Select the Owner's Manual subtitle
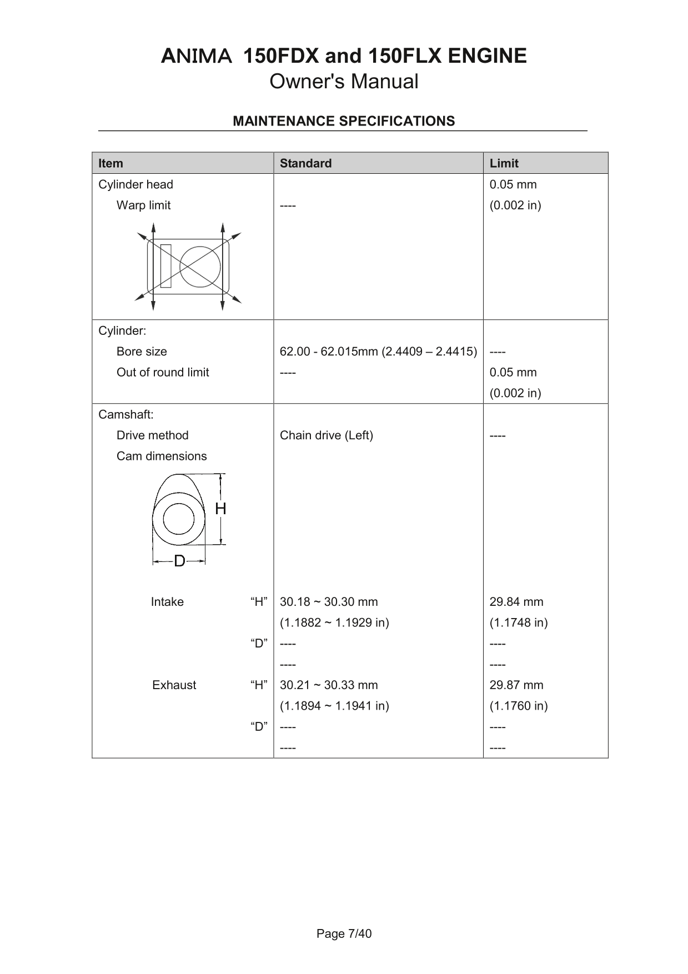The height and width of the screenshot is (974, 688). coord(344,82)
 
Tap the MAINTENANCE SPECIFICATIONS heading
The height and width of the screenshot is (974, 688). coord(344,121)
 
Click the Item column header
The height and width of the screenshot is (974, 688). coord(111,163)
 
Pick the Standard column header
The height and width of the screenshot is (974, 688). coord(305,163)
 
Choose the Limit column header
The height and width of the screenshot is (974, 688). coord(504,163)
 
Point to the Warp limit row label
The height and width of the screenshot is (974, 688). coord(143,205)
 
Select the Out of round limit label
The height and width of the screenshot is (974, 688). coord(163,373)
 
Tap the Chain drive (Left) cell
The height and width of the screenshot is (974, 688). coord(326,435)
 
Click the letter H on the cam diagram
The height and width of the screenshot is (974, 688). coord(220,509)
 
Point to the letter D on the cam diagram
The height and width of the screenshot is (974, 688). coord(179,561)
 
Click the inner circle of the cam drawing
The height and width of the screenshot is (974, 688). coord(179,520)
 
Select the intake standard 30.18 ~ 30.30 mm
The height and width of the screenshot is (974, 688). coord(329,602)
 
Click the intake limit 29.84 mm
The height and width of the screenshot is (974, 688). coord(516,602)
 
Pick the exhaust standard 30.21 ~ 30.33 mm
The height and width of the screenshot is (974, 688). coord(329,685)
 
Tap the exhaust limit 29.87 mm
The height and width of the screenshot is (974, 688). coord(516,685)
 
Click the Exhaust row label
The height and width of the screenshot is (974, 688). coord(174,685)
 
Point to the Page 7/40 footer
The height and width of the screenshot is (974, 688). coord(344,933)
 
